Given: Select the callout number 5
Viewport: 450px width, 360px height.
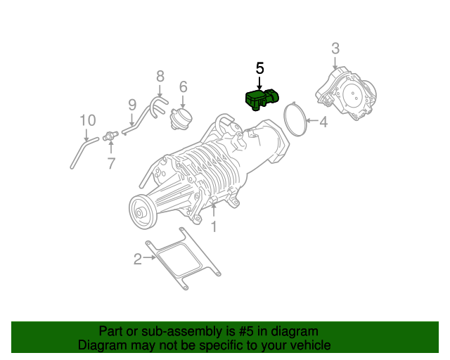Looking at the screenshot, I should (259, 68).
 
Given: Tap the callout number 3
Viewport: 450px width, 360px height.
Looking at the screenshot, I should (335, 49).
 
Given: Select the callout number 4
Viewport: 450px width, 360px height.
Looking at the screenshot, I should (323, 123).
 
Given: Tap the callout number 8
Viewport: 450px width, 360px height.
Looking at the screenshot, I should (160, 76).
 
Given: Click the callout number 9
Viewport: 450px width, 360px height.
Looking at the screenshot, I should (131, 104).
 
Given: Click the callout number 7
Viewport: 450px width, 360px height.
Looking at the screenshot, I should (110, 164).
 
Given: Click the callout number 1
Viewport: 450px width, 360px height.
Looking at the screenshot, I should (214, 226).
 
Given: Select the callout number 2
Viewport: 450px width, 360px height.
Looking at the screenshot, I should (137, 259).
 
